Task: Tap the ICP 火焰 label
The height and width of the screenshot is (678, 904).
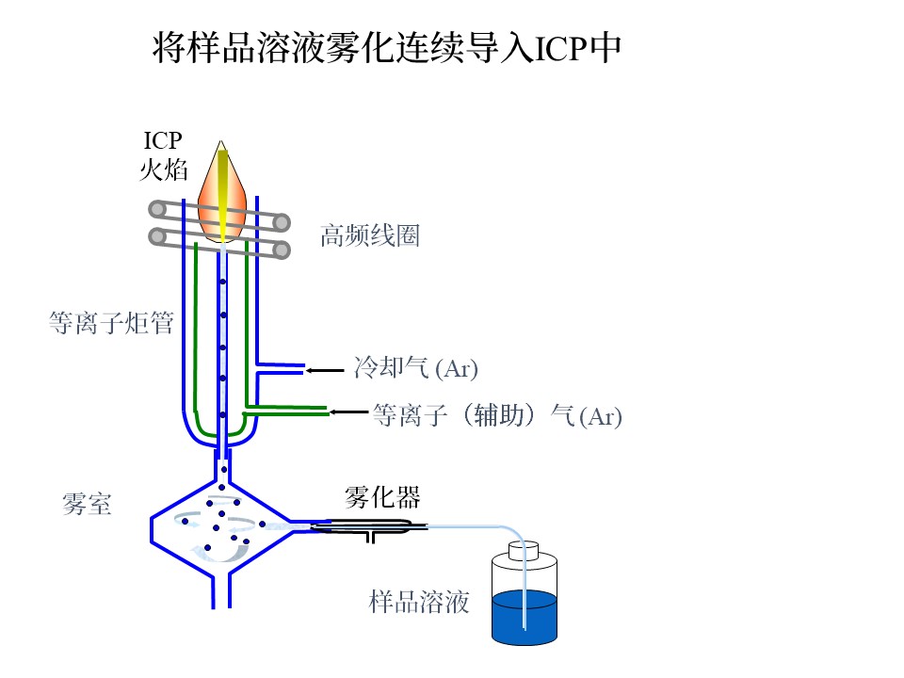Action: (x=162, y=155)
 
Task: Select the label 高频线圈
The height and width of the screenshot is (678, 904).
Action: (x=369, y=235)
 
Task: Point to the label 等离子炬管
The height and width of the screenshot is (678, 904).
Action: (x=110, y=324)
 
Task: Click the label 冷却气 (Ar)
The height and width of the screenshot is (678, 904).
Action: (x=409, y=367)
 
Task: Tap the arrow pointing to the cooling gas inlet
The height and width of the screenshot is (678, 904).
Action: (x=326, y=370)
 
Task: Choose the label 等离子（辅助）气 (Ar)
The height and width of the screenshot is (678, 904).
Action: (x=497, y=415)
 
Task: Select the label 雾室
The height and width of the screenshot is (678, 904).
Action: (x=87, y=505)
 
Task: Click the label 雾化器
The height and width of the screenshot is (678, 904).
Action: (x=382, y=495)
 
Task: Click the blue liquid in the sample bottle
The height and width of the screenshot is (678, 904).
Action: (x=524, y=617)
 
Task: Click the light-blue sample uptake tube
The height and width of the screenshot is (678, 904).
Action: (x=480, y=525)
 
